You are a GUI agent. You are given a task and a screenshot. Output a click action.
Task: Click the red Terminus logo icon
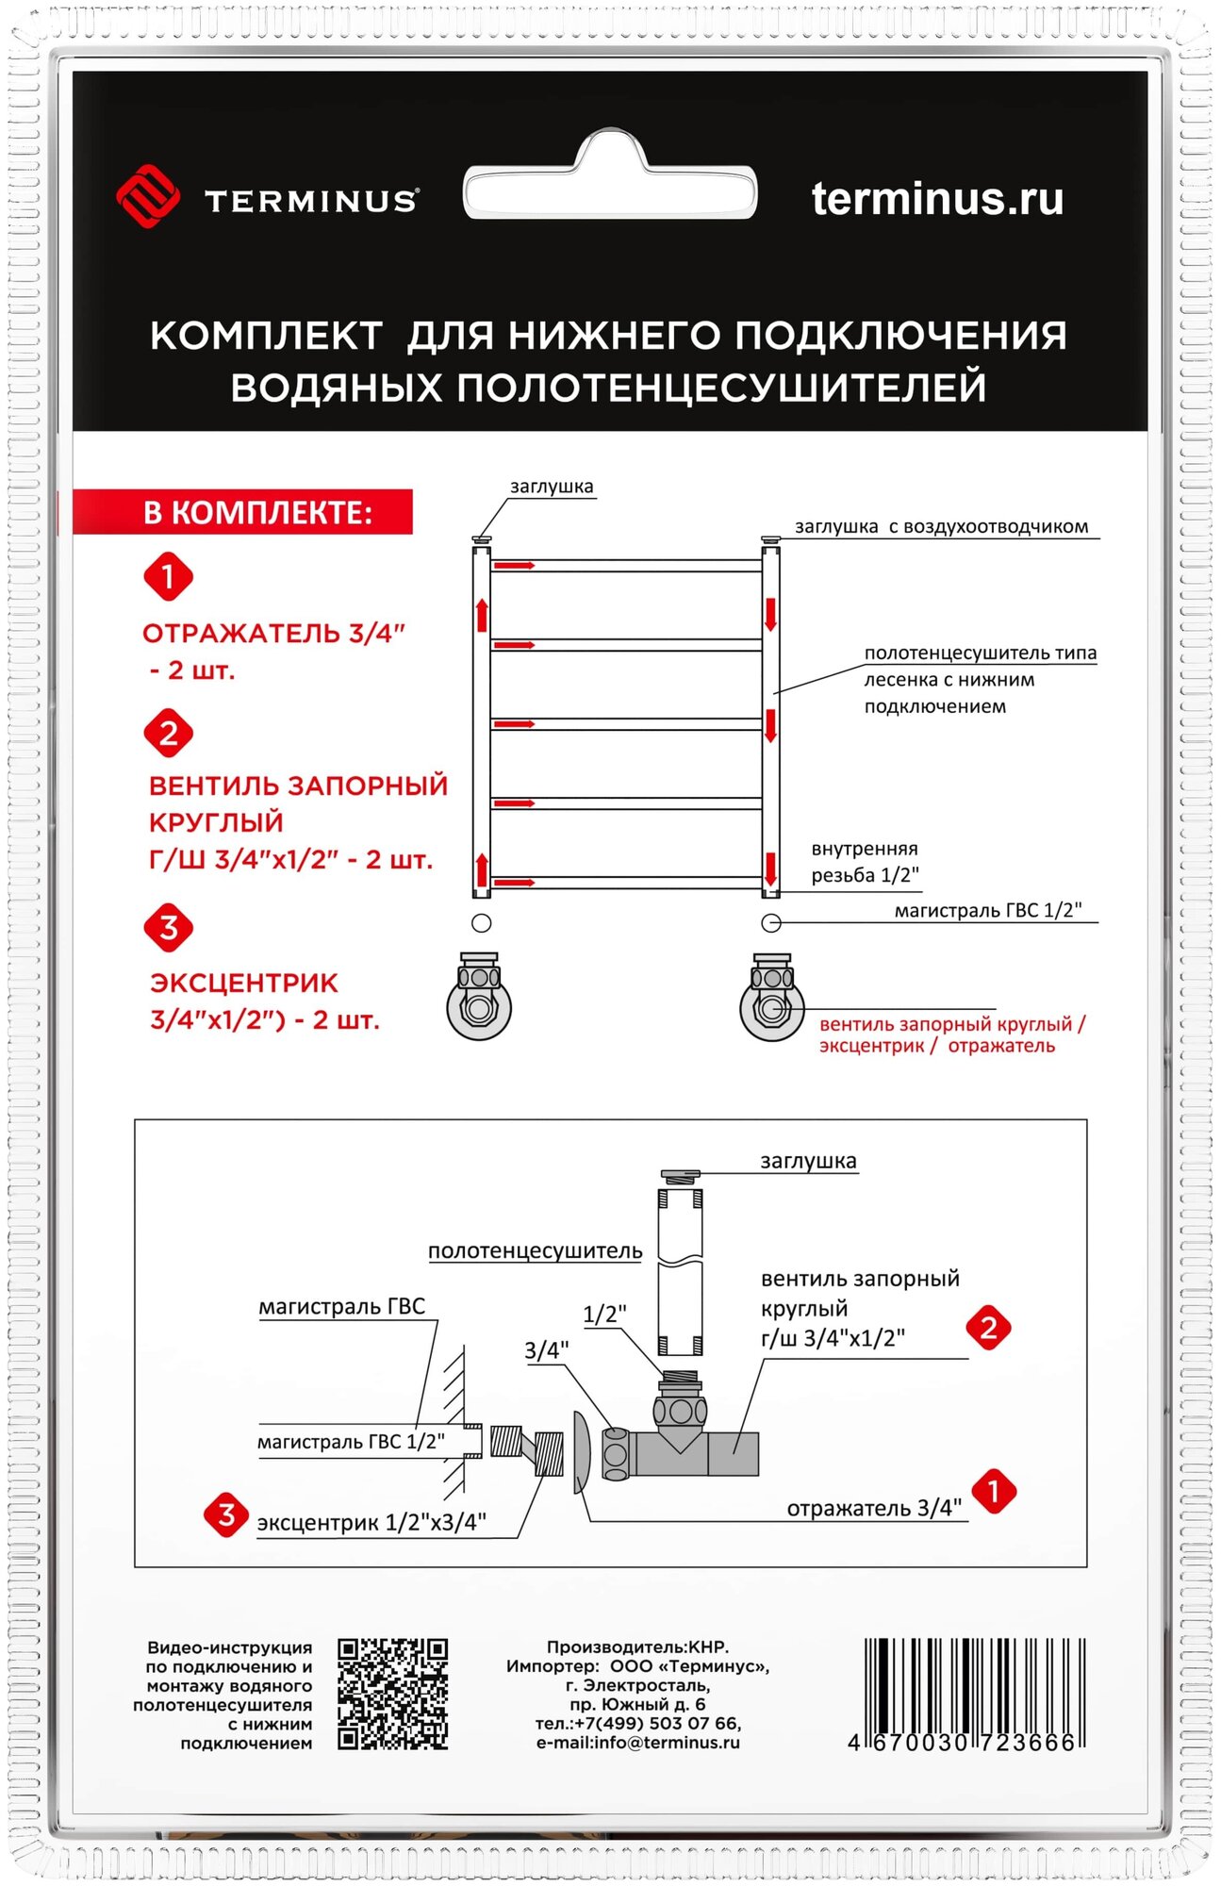pyautogui.click(x=148, y=196)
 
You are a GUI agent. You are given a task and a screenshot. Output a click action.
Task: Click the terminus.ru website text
pyautogui.click(x=937, y=199)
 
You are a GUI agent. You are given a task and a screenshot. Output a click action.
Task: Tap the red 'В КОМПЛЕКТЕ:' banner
pyautogui.click(x=244, y=512)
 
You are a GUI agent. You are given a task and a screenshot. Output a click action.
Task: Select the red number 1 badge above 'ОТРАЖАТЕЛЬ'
pyautogui.click(x=168, y=576)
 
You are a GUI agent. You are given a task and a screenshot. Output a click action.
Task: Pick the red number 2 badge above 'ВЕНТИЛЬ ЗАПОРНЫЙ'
pyautogui.click(x=168, y=733)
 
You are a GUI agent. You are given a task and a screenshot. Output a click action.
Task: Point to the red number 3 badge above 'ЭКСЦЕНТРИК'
pyautogui.click(x=168, y=928)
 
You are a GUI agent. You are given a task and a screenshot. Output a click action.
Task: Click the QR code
pyautogui.click(x=392, y=1695)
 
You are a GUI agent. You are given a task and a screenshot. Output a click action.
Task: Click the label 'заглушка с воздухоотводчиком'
pyautogui.click(x=941, y=527)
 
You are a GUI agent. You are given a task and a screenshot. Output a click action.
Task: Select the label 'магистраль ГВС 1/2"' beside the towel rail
pyautogui.click(x=987, y=911)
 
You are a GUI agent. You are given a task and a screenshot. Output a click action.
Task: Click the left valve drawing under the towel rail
pyautogui.click(x=479, y=997)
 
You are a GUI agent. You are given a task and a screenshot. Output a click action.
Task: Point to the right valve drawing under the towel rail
pyautogui.click(x=771, y=997)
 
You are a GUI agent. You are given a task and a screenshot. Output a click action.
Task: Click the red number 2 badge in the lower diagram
pyautogui.click(x=988, y=1329)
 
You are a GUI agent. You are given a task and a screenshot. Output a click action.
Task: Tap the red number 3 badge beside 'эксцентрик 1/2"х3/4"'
pyautogui.click(x=226, y=1515)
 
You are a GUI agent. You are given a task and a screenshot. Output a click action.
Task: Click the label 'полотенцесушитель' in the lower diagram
pyautogui.click(x=535, y=1251)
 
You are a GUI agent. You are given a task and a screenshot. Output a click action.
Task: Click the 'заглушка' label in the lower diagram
pyautogui.click(x=808, y=1162)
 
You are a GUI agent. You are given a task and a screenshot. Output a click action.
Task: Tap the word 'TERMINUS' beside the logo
pyautogui.click(x=311, y=201)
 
